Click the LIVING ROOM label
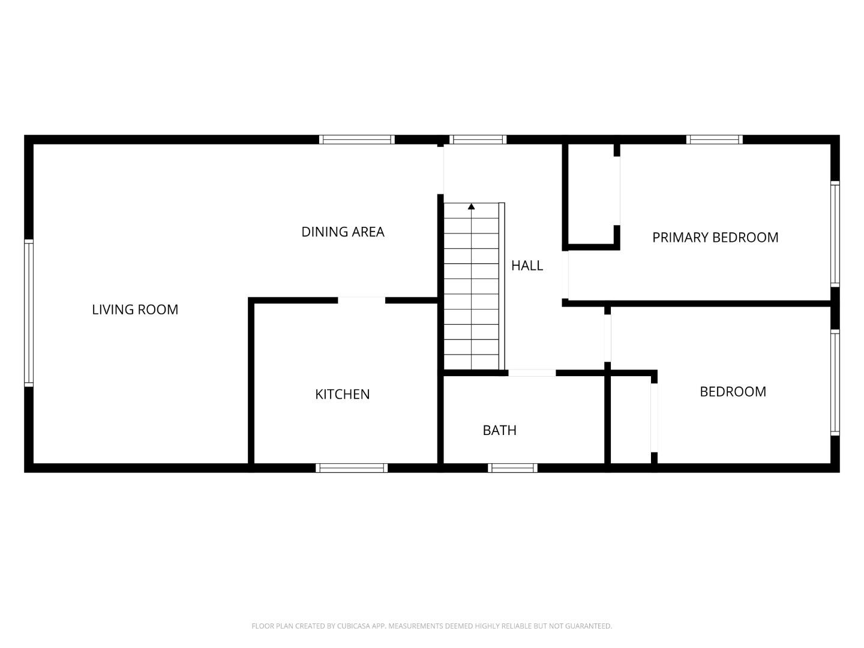(135, 310)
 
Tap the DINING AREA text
(343, 232)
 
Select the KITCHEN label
(343, 394)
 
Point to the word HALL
(527, 265)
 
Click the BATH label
(499, 430)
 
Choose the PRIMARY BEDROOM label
(715, 238)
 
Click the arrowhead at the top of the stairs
(472, 207)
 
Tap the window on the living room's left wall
(28, 312)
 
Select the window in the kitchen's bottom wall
(352, 468)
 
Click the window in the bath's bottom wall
(512, 468)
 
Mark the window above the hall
(478, 140)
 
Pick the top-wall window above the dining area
(356, 140)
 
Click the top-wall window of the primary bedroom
(715, 140)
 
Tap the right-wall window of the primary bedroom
(835, 233)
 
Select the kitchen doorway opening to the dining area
(361, 300)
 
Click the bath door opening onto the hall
(532, 373)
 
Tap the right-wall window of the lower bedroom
(835, 382)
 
